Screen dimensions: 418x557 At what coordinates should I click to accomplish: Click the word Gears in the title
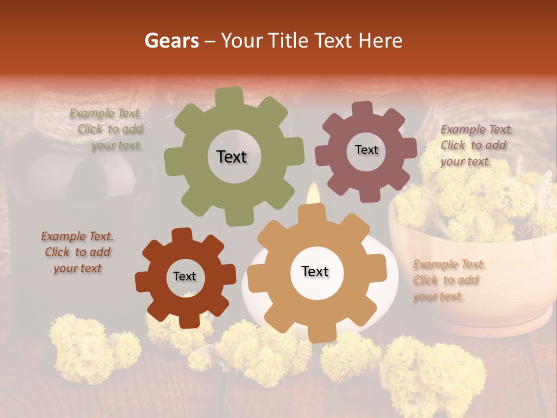click(x=171, y=41)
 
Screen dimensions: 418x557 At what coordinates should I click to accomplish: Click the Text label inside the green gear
click(x=232, y=157)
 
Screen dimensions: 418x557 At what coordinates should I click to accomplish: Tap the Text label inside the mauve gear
click(x=367, y=150)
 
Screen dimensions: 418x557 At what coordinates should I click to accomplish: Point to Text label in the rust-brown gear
click(x=185, y=277)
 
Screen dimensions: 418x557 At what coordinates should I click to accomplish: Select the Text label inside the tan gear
click(x=315, y=272)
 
